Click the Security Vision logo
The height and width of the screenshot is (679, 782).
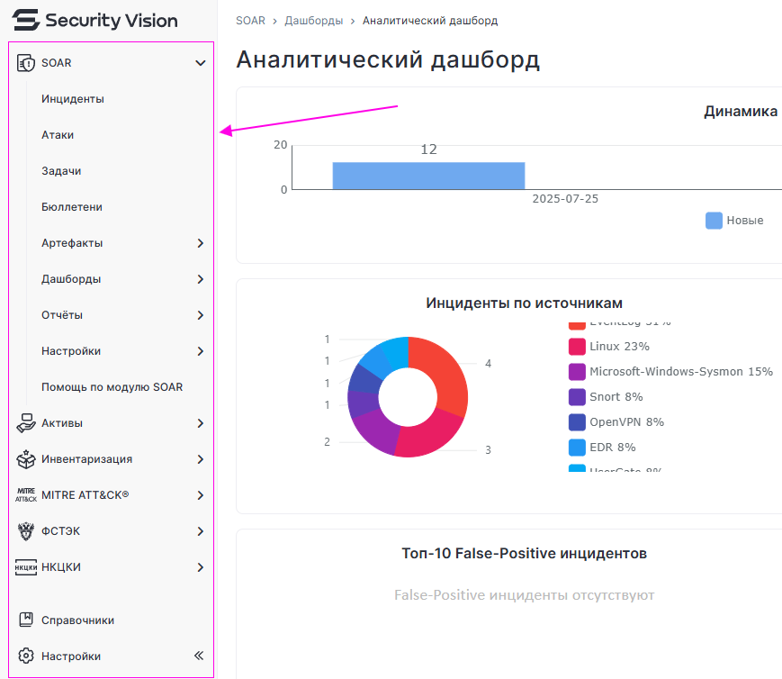pos(94,20)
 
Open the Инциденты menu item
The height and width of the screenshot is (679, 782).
pos(73,99)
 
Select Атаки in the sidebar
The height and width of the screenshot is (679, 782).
pos(58,135)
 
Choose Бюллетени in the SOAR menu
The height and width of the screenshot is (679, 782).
pos(72,207)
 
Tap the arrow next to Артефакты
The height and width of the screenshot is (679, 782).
pos(200,243)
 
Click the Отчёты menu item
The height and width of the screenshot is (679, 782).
pos(62,315)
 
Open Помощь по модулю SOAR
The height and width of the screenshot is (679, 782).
pos(112,387)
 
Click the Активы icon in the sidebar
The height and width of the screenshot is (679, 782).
pos(26,423)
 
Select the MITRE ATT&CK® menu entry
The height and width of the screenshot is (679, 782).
pos(85,495)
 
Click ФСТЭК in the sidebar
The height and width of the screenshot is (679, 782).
pos(60,531)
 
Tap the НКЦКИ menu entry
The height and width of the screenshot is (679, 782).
pos(60,567)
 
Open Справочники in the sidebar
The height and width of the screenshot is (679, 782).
pos(77,620)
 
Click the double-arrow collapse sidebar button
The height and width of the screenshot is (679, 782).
pos(199,656)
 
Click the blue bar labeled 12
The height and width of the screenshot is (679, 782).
pos(428,176)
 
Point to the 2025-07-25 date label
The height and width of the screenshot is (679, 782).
pos(565,199)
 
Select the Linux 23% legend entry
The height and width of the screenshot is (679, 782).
pos(618,347)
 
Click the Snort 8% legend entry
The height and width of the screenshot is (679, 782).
pos(616,397)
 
